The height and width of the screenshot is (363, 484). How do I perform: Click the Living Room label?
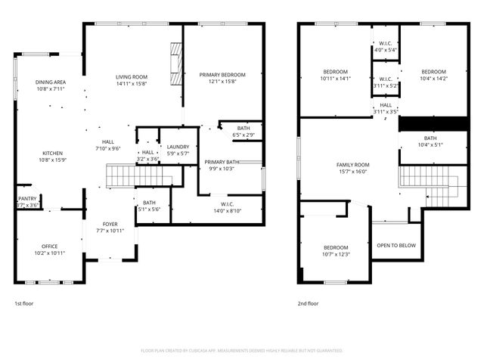click(x=131, y=77)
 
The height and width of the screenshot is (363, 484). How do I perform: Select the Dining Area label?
click(x=51, y=82)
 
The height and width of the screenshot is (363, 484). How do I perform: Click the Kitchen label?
click(x=51, y=152)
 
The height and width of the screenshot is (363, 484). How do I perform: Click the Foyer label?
click(x=110, y=225)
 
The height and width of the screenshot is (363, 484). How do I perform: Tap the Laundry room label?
click(x=178, y=147)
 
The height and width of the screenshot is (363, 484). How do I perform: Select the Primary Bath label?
click(x=222, y=162)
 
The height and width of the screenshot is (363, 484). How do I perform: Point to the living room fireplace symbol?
click(x=175, y=66)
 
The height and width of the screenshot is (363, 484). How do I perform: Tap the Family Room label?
click(x=352, y=165)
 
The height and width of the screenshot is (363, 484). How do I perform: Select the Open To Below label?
click(x=396, y=245)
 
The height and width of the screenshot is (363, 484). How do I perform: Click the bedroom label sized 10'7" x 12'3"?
click(x=336, y=247)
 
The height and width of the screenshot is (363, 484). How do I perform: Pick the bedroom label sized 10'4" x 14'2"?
click(x=433, y=72)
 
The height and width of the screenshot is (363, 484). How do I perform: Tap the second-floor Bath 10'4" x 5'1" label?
click(x=430, y=138)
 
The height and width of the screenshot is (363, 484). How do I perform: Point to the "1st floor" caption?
click(x=23, y=303)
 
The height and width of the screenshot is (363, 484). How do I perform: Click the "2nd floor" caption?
click(x=308, y=303)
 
